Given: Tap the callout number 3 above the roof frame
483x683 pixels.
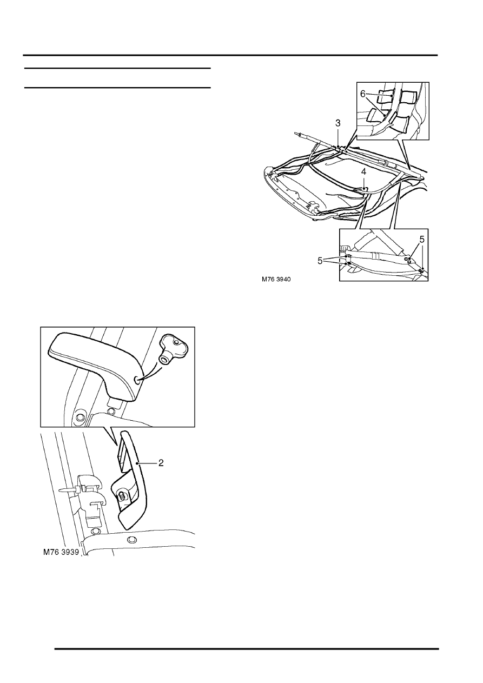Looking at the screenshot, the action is point(338,123).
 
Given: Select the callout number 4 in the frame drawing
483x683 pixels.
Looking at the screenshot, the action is point(364,171).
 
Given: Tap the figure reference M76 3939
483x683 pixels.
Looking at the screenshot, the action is point(61,553).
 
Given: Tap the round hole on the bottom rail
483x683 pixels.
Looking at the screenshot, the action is point(131,540).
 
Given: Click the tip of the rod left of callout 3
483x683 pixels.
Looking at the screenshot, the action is point(296,133).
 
